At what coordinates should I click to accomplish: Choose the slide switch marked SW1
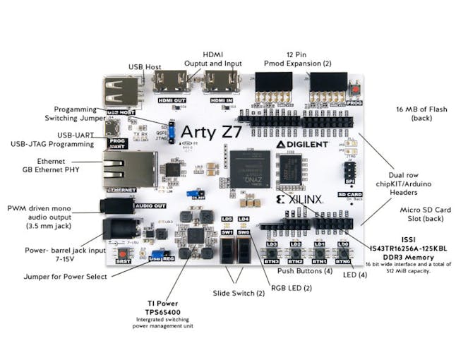(227, 249)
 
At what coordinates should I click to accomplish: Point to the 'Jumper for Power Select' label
(67, 277)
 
